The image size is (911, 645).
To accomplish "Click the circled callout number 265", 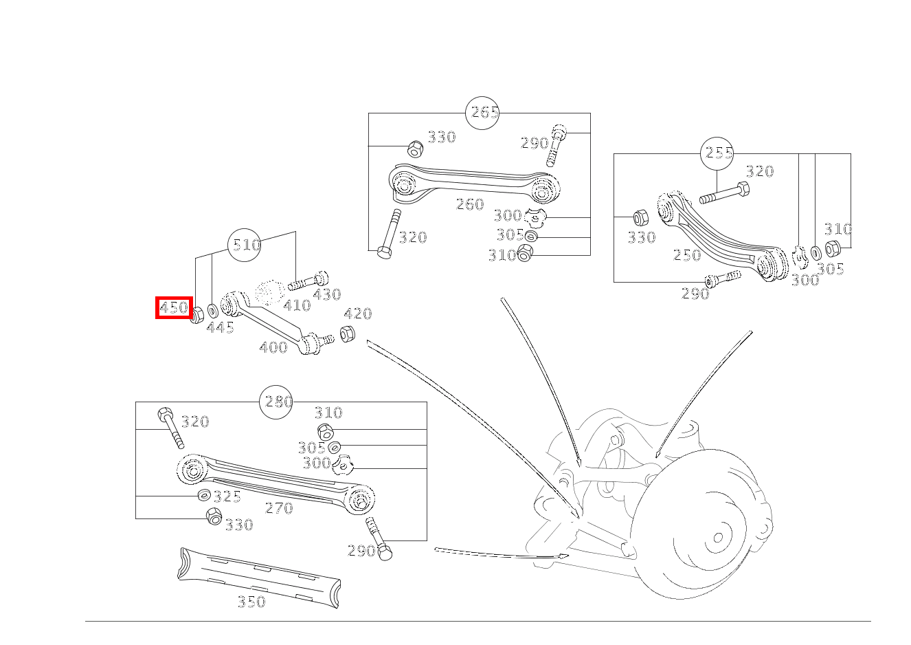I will pos(482,113).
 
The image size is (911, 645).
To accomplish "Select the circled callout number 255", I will pos(717,153).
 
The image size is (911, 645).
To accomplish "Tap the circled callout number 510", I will pos(245,245).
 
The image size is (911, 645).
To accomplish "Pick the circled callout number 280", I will pos(276,402).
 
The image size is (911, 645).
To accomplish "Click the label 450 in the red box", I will pos(174,307).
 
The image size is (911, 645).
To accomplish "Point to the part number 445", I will pos(221,328).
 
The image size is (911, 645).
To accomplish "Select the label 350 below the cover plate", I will pos(251,602).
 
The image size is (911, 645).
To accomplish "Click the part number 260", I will pos(470,204).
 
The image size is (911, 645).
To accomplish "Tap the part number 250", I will pos(687,255).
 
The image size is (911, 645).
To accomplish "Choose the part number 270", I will pos(279,508).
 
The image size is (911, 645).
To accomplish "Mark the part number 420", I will pos(357,314).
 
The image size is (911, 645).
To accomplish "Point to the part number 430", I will pos(326,294).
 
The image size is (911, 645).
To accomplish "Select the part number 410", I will pos(297,305).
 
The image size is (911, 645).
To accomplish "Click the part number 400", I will pos(273,347).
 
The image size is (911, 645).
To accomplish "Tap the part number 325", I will pos(227,496).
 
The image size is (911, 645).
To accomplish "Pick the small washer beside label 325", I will pos(204,495).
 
